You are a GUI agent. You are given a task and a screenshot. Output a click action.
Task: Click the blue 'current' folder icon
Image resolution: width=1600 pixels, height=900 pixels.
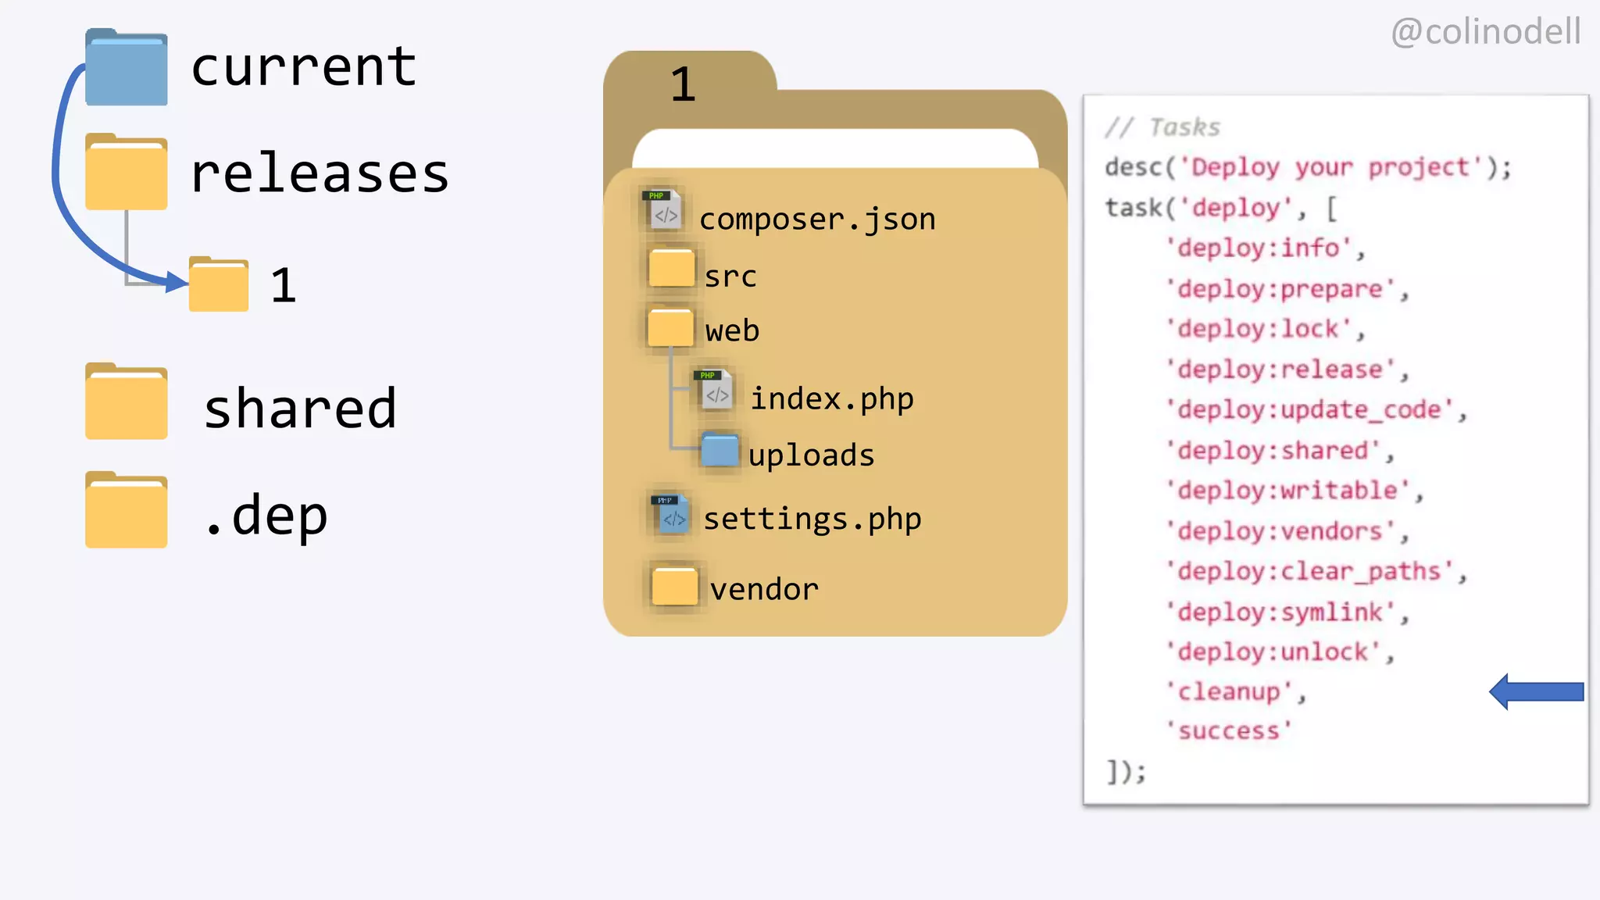click(126, 69)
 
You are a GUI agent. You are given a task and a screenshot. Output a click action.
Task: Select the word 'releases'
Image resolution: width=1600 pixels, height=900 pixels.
click(320, 173)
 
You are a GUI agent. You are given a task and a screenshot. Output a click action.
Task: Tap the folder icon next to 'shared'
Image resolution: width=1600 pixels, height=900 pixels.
click(126, 402)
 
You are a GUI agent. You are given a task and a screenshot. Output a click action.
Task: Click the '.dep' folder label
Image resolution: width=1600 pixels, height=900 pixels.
click(266, 516)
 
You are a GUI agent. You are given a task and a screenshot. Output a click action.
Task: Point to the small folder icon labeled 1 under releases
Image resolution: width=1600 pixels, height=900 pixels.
click(219, 284)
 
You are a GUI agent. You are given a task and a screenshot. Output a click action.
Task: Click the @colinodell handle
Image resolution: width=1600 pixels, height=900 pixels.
click(1486, 32)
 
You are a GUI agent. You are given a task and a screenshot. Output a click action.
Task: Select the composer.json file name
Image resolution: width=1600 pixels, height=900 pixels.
click(817, 220)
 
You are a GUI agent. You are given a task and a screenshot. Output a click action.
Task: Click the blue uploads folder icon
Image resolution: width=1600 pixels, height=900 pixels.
click(720, 450)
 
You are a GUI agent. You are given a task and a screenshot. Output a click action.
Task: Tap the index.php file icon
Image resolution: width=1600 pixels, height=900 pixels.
click(714, 391)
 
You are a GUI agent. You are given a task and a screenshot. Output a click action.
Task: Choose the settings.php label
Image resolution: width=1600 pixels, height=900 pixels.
click(812, 519)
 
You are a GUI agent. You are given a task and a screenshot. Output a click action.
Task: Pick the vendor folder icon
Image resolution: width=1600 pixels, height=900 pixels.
click(674, 586)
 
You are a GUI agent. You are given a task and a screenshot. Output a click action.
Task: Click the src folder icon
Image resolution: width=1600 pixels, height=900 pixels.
click(671, 268)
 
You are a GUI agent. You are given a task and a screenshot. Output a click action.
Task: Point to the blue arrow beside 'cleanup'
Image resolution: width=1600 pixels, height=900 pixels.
click(1536, 691)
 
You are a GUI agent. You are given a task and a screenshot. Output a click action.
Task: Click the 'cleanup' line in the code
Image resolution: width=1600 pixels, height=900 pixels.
click(1233, 691)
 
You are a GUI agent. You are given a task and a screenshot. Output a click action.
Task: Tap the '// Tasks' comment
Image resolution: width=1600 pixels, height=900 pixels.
click(1162, 127)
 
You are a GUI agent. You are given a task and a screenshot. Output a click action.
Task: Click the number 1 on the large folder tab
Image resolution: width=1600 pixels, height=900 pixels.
click(683, 84)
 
